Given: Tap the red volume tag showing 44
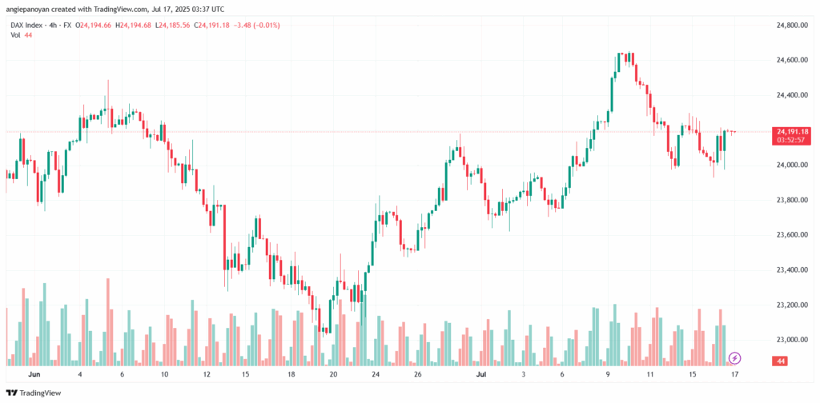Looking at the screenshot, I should [x=781, y=362].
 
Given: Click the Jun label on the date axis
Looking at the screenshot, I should [x=34, y=373].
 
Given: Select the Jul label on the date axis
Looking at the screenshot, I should [x=481, y=373].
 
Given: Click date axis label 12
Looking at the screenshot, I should [x=206, y=373].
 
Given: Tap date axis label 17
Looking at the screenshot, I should [x=734, y=373].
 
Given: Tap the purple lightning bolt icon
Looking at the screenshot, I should [x=734, y=357].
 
